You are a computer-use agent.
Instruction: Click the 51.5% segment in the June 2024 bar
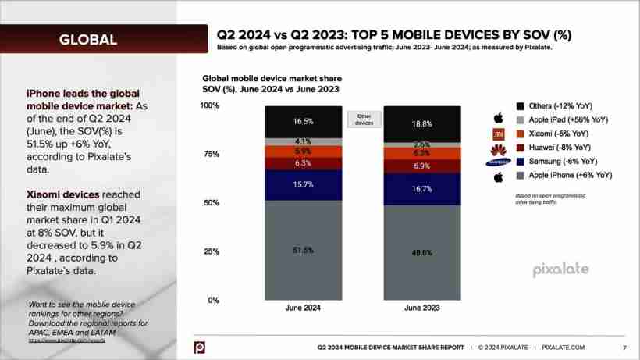click(304, 250)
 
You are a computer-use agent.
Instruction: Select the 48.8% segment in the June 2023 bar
click(421, 252)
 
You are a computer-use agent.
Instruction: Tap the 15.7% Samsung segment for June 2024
click(304, 184)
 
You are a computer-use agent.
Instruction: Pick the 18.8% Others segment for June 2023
click(421, 123)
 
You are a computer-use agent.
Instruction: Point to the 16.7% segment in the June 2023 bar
click(421, 189)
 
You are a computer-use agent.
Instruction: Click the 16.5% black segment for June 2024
click(304, 121)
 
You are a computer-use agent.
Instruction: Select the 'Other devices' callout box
click(363, 119)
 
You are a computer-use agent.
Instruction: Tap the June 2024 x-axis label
click(303, 308)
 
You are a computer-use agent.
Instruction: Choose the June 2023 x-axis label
click(421, 308)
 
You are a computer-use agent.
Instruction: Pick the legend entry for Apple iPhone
click(564, 176)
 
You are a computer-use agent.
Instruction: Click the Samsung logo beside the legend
click(497, 162)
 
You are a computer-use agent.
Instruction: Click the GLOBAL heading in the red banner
click(87, 39)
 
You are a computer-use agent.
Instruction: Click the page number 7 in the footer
click(624, 347)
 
